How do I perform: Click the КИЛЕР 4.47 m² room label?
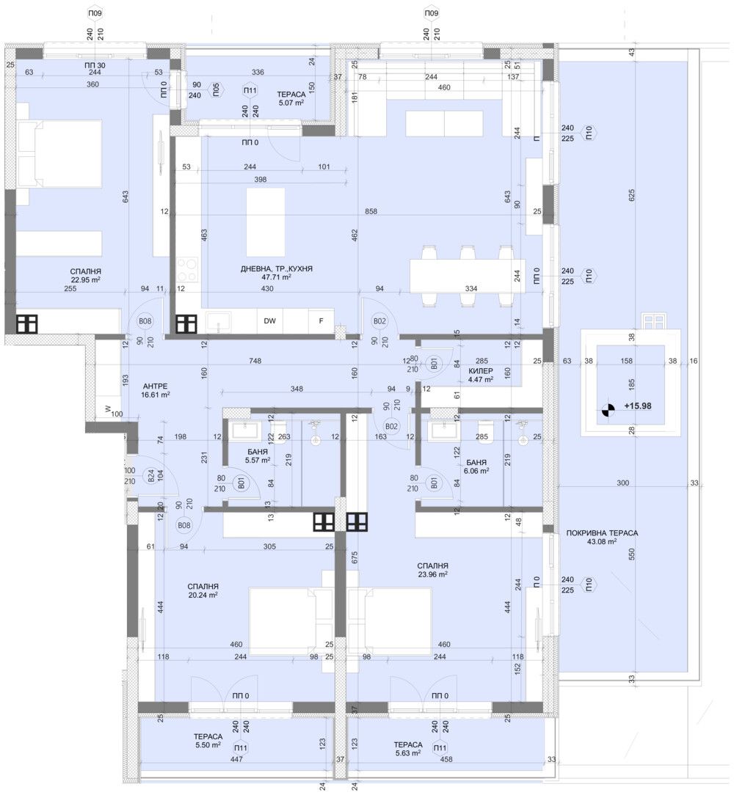pos(481,375)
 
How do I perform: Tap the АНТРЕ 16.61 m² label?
pos(155,389)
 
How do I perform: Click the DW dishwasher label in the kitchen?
pos(270,320)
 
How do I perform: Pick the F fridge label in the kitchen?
pos(320,320)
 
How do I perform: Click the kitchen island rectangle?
pos(265,222)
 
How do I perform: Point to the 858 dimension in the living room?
pos(371,211)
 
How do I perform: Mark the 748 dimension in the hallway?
pos(255,360)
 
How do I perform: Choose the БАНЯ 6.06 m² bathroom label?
pos(478,467)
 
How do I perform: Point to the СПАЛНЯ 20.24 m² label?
pos(203,590)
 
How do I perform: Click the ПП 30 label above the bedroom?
pos(95,66)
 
